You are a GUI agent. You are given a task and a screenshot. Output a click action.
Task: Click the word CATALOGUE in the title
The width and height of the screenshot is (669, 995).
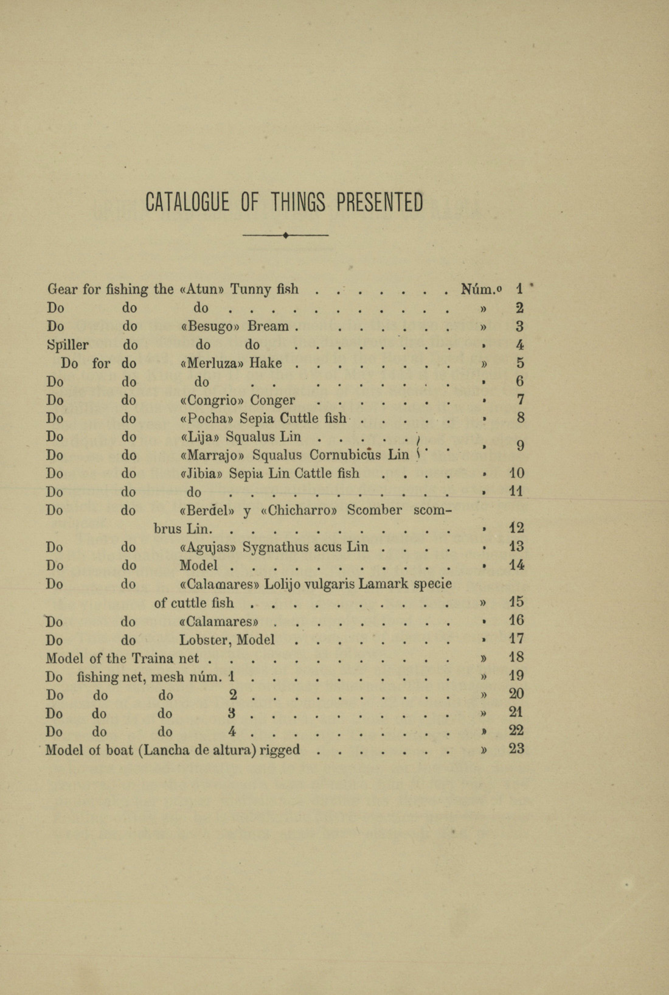pos(187,203)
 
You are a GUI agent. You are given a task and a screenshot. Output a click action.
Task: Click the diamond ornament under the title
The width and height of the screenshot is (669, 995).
pos(285,235)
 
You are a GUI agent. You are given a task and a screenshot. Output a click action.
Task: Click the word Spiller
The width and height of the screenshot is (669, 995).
pos(68,345)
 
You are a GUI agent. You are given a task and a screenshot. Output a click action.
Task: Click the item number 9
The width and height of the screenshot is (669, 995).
pos(520,446)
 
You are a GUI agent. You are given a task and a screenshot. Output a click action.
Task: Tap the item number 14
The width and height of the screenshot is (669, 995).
pos(516,565)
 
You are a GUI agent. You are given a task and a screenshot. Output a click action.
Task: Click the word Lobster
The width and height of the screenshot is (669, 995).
pos(204,640)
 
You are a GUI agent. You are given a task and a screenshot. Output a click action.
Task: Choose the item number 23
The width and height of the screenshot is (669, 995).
pos(516,749)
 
